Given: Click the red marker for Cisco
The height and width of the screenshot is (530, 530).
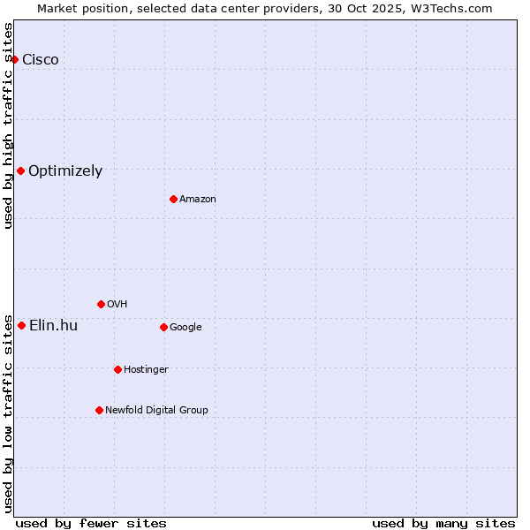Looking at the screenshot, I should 15,59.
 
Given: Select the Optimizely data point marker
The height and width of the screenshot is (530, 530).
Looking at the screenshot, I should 20,170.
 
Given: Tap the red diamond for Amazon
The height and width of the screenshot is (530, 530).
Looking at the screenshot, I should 173,199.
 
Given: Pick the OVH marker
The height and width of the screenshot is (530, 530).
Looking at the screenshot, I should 101,304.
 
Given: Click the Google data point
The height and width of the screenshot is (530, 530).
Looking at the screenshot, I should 163,327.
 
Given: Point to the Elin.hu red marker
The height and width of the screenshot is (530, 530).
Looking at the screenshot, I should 21,325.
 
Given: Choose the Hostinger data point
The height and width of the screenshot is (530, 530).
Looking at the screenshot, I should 117,369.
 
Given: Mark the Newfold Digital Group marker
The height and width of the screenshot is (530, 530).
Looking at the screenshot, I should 99,410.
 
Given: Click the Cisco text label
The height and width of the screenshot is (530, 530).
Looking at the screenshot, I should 41,59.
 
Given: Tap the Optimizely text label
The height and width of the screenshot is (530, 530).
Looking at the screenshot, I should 65,171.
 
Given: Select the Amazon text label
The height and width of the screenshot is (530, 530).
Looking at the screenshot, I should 198,199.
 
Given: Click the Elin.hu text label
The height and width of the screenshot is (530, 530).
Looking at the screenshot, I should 53,326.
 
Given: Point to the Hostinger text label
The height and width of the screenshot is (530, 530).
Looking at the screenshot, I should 146,369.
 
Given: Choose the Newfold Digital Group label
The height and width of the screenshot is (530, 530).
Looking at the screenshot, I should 156,410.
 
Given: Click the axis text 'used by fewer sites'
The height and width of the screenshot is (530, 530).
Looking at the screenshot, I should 91,523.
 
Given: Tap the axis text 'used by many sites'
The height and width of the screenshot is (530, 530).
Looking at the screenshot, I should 443,523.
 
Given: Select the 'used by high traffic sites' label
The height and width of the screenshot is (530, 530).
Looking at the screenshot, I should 9,125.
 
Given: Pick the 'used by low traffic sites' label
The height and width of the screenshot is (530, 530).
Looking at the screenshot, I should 9,413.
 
